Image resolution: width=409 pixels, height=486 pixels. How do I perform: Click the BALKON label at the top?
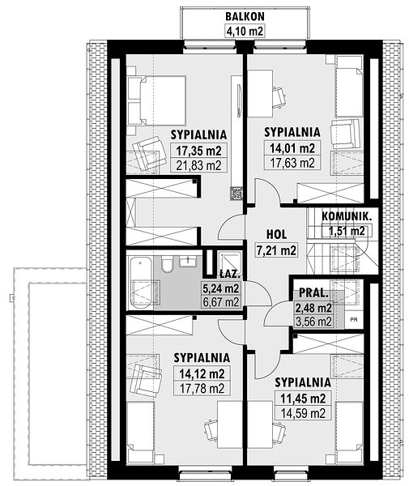click(245, 16)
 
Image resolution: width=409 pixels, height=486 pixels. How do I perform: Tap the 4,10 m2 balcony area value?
click(245, 31)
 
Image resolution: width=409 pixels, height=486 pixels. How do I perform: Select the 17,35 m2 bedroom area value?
click(198, 151)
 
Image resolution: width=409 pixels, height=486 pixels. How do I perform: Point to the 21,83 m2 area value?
click(198, 165)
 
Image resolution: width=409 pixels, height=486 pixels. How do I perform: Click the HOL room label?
click(276, 235)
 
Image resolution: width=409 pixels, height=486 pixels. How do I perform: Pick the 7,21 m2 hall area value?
click(276, 249)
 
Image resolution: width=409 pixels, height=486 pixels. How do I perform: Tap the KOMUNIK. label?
click(346, 216)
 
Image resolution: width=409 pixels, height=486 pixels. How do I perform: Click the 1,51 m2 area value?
click(347, 231)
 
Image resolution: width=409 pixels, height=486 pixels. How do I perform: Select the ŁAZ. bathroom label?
click(229, 274)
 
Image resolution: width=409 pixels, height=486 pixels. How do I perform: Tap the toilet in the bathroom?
click(168, 264)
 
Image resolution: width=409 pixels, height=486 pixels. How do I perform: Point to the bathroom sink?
click(187, 262)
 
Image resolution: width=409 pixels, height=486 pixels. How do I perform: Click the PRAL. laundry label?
click(313, 293)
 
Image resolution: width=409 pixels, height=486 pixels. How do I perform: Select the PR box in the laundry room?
click(354, 319)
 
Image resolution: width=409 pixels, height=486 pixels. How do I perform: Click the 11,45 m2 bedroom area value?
click(303, 399)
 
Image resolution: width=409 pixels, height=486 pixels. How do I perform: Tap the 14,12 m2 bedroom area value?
click(202, 373)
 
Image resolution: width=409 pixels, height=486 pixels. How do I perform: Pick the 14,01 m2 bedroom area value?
click(292, 148)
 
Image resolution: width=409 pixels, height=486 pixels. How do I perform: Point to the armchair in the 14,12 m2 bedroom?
click(145, 377)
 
